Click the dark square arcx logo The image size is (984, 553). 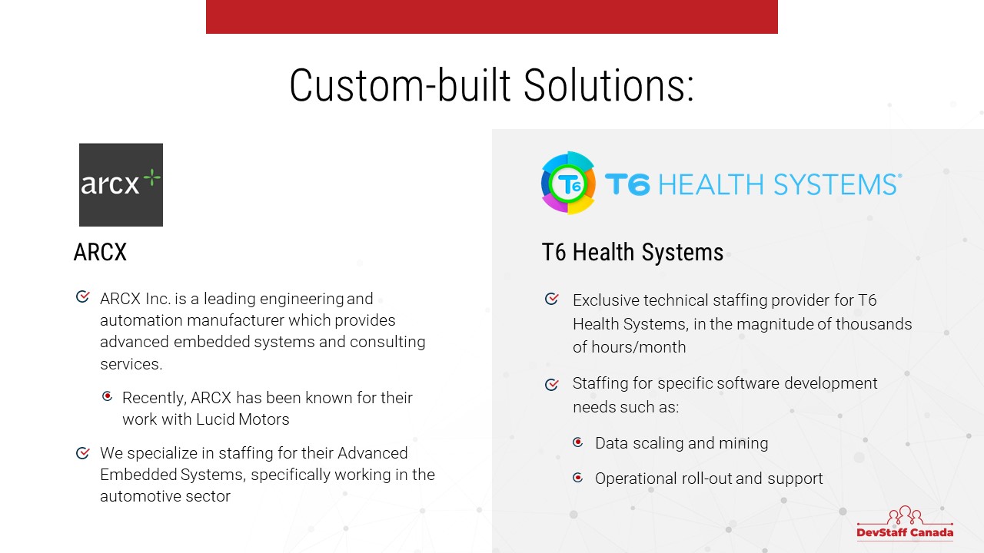(121, 185)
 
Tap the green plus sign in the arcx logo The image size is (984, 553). (152, 177)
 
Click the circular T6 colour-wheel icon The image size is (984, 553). (568, 183)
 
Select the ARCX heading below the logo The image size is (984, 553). (100, 253)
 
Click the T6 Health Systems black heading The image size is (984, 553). (633, 253)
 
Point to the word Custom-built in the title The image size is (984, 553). (400, 85)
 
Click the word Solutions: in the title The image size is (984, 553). (609, 85)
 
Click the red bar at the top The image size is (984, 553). (492, 17)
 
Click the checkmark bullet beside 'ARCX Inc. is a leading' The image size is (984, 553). (83, 296)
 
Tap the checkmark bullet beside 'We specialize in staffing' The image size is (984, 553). (83, 452)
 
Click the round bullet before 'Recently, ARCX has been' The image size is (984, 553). (107, 396)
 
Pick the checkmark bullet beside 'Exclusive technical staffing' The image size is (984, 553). (552, 299)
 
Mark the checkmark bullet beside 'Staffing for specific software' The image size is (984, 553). (552, 385)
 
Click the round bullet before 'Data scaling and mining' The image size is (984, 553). (578, 442)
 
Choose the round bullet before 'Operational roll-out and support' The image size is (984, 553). (578, 477)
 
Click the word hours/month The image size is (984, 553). (638, 347)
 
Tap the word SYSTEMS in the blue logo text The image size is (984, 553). (836, 184)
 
